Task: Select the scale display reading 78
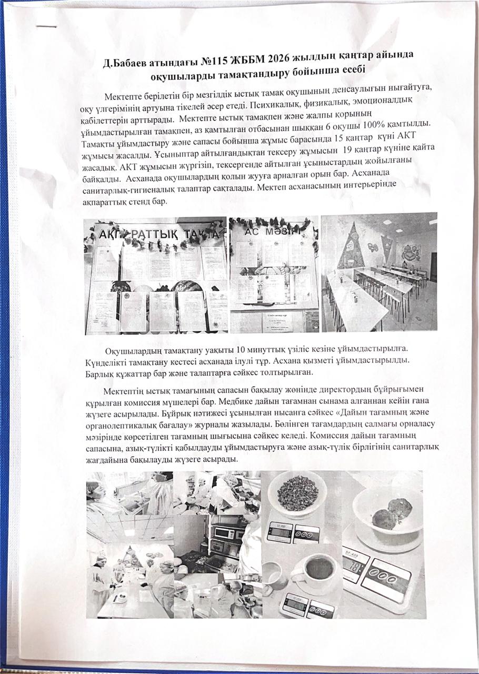pyautogui.click(x=357, y=568)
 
